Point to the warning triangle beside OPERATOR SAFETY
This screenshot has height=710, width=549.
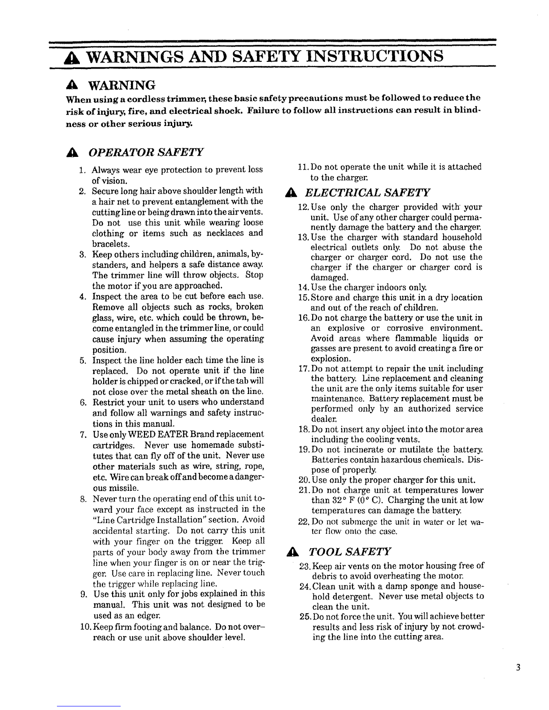(x=70, y=152)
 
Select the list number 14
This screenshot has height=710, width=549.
(x=303, y=287)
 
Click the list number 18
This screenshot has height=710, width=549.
(x=303, y=429)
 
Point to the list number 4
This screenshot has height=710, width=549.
(x=83, y=297)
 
